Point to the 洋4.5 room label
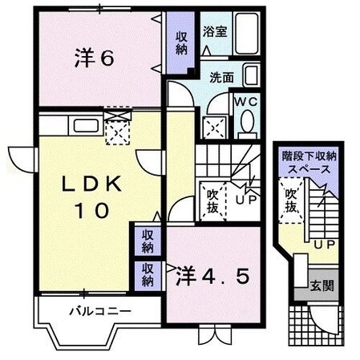213,276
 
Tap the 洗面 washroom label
222,78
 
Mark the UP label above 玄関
323,244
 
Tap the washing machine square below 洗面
212,127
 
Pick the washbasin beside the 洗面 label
251,78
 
